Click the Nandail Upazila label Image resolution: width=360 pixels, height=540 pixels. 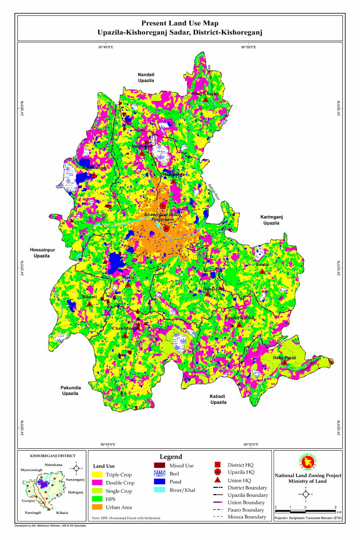pos(146,77)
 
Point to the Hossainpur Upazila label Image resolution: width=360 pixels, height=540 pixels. pos(41,252)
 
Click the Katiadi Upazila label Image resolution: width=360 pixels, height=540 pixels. pos(217,399)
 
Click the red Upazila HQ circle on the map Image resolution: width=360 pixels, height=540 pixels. pos(166,229)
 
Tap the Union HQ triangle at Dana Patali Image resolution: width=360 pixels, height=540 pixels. pos(284,363)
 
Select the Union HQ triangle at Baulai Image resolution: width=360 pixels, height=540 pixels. pos(262,271)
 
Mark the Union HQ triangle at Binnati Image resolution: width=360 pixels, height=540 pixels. pos(90,304)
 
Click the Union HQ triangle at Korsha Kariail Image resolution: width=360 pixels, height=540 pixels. pos(239,324)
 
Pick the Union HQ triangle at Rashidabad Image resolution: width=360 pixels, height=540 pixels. pos(94,175)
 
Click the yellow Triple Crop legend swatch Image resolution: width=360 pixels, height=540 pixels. pos(98,475)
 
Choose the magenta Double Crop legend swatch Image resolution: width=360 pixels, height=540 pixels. pos(98,483)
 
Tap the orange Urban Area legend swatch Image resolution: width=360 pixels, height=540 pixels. pos(98,508)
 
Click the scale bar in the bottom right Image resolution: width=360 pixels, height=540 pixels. pos(306,512)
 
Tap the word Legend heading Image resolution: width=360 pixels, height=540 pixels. pos(171,456)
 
